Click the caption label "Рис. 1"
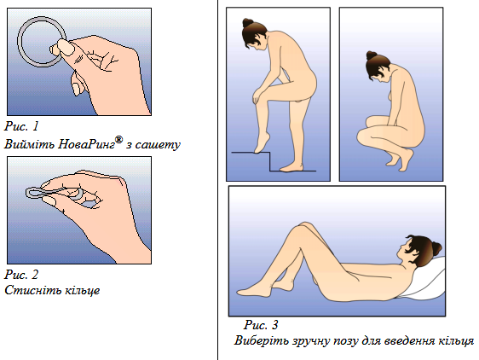coord(21,126)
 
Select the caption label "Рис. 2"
coord(21,275)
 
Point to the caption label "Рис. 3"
coord(261,324)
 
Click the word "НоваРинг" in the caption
coord(87,144)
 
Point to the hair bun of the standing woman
coord(248,22)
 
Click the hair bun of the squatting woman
coord(372,55)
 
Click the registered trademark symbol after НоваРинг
coord(119,140)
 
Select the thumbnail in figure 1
coord(66,47)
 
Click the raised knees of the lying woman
coord(304,227)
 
